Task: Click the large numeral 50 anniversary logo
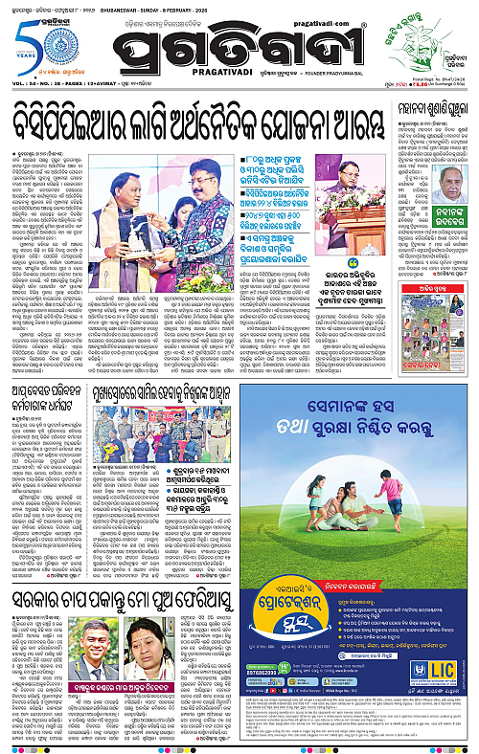pyautogui.click(x=20, y=42)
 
